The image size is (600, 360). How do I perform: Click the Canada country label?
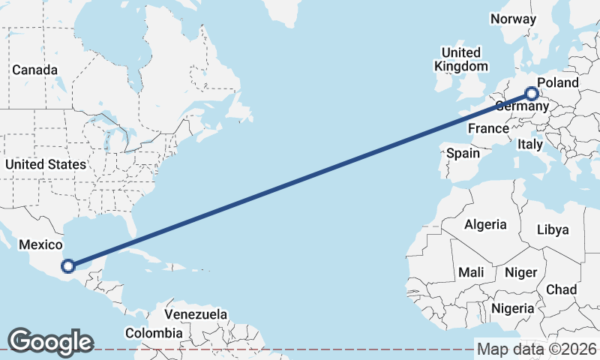click(34, 70)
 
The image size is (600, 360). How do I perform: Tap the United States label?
click(45, 163)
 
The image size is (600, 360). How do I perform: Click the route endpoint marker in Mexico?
click(68, 265)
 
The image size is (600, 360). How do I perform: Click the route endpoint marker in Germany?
click(532, 94)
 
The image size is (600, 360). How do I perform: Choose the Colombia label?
click(153, 332)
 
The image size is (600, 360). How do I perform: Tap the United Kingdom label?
click(460, 59)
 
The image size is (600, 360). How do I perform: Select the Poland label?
click(559, 82)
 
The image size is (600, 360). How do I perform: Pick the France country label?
click(488, 128)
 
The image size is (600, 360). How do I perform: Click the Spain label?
click(463, 153)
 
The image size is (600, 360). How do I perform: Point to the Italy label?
click(530, 143)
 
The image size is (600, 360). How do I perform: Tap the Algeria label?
click(485, 224)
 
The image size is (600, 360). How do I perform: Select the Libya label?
click(553, 229)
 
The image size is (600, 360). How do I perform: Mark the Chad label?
click(562, 289)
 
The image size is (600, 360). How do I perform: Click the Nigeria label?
click(513, 308)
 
